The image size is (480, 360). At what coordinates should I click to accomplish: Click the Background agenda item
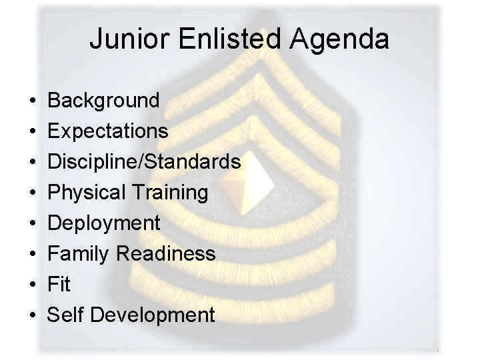[104, 101]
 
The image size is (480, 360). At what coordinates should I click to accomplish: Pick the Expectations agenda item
[107, 131]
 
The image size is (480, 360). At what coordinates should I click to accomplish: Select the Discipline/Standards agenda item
[144, 162]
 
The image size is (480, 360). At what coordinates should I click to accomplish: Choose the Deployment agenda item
[104, 223]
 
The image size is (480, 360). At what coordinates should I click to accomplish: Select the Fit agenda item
[59, 285]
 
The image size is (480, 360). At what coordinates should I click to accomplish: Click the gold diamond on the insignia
[257, 176]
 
